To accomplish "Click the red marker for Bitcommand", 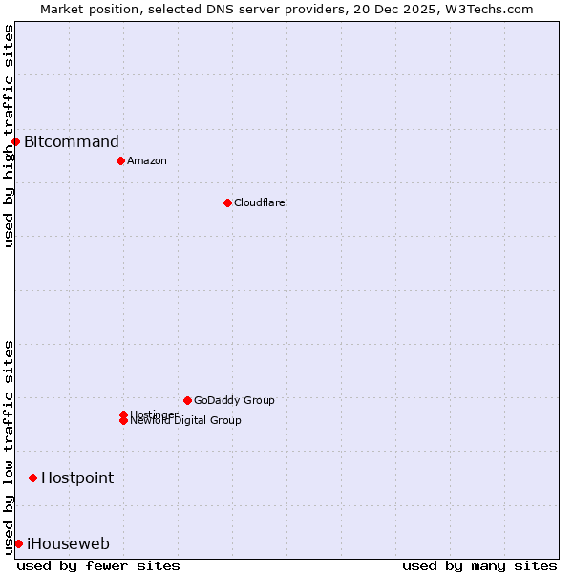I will (15, 141).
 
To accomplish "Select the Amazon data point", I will (120, 160).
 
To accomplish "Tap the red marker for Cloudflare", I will (227, 202).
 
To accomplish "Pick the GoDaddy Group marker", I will (187, 400).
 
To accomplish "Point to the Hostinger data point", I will (123, 414).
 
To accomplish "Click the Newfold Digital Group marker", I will (123, 421).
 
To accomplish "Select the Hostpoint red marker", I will (32, 477).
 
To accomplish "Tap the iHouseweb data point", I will (18, 543).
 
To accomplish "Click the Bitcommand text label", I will (72, 142).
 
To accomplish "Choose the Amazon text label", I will (147, 160).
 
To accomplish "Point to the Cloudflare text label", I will (260, 202).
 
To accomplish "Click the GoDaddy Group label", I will (234, 400).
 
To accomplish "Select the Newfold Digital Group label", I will (186, 421).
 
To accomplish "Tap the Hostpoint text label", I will (77, 477).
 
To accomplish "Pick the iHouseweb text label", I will (68, 544).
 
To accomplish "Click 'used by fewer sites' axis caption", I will (98, 565).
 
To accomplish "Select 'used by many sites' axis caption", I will (479, 565).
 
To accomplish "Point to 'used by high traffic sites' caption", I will (9, 136).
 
